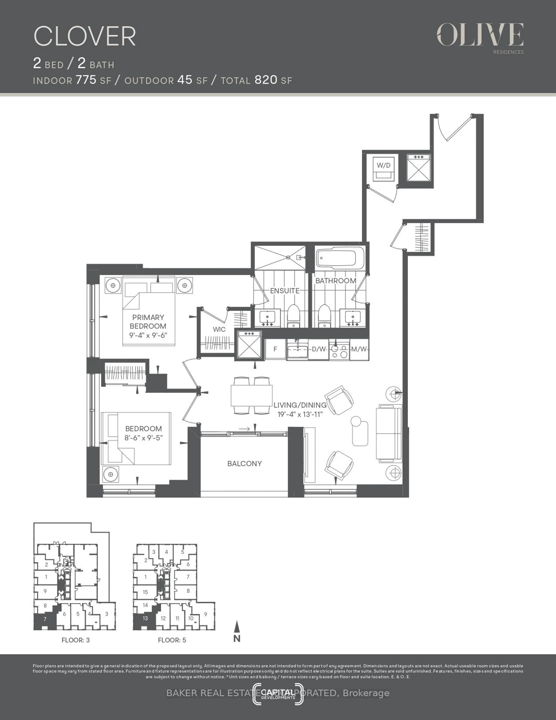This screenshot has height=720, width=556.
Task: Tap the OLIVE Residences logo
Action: tap(480, 37)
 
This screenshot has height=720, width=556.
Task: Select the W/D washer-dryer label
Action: tap(383, 165)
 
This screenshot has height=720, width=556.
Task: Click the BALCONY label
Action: tap(244, 464)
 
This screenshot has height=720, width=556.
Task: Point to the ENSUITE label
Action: tap(285, 291)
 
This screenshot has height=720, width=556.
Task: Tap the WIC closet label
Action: tap(219, 329)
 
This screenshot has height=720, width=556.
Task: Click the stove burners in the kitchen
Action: tap(340, 351)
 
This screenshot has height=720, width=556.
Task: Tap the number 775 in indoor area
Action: tap(86, 80)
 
